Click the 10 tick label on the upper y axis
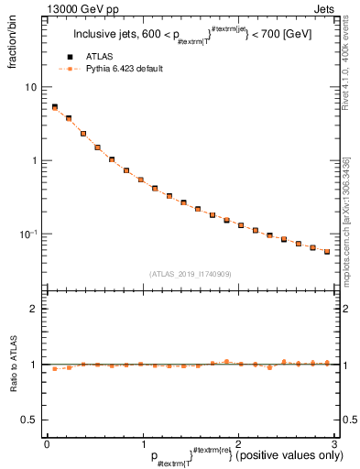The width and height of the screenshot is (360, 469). [x=31, y=87]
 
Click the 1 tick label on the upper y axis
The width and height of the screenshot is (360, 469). [x=34, y=160]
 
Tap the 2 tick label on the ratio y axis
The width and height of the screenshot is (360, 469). [x=34, y=309]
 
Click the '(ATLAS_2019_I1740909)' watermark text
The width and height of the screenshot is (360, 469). [x=190, y=273]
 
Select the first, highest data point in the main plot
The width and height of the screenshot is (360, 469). [x=54, y=107]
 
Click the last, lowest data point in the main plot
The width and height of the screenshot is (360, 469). [x=327, y=252]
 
